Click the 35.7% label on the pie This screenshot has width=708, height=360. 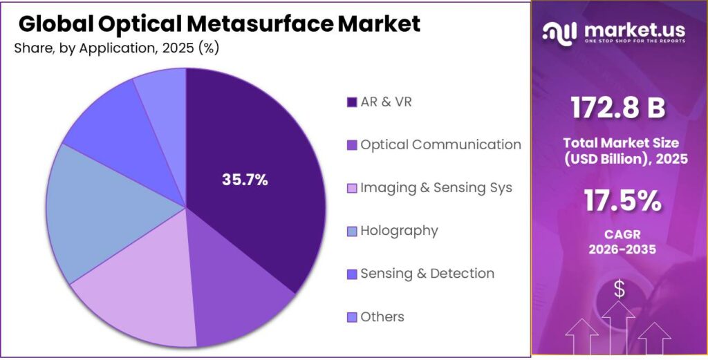coord(245,180)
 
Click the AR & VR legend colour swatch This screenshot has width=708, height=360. coord(351,103)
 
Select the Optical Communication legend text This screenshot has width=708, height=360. coord(440,145)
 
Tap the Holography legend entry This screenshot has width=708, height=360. coord(399,231)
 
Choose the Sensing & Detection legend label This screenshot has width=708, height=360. coord(427,274)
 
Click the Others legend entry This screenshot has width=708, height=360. coord(382,316)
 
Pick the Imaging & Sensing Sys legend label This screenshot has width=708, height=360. coord(436,188)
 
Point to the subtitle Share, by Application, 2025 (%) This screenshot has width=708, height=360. coord(116,48)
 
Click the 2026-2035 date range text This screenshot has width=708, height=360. coord(621,248)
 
